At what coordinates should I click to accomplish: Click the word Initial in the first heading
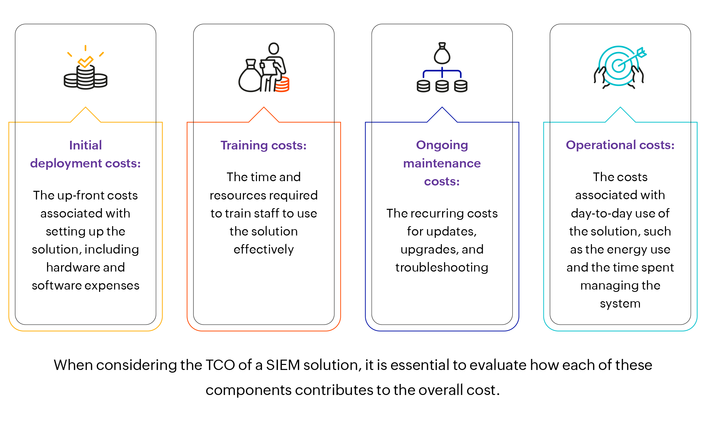pos(85,145)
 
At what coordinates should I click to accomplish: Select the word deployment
pos(66,163)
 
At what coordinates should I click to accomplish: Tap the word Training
pos(244,145)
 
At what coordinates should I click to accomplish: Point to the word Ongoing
pos(442,145)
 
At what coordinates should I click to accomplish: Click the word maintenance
pos(442,163)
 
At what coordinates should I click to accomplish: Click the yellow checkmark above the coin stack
pos(85,61)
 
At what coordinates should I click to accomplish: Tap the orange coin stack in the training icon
pos(282,84)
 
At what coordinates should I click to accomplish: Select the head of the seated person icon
pos(274,48)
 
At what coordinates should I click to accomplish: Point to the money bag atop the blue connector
pos(442,54)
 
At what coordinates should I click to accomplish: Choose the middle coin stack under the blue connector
pos(442,86)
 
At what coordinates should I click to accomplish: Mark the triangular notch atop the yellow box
pos(85,114)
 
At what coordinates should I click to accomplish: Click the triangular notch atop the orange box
pos(264,114)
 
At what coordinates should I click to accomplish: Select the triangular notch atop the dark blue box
pos(442,114)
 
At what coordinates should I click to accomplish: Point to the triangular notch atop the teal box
pos(620,114)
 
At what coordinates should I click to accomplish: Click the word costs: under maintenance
pos(442,181)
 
